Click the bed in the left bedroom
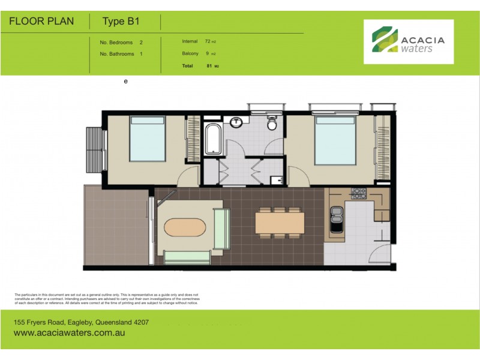pos(148,139)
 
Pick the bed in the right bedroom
pos(335,140)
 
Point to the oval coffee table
pos(185,229)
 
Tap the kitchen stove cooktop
pos(359,193)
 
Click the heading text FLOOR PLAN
pos(41,22)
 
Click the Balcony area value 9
pos(207,54)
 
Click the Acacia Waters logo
pos(408,41)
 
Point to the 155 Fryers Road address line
pos(81,322)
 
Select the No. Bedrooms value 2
pos(141,43)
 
